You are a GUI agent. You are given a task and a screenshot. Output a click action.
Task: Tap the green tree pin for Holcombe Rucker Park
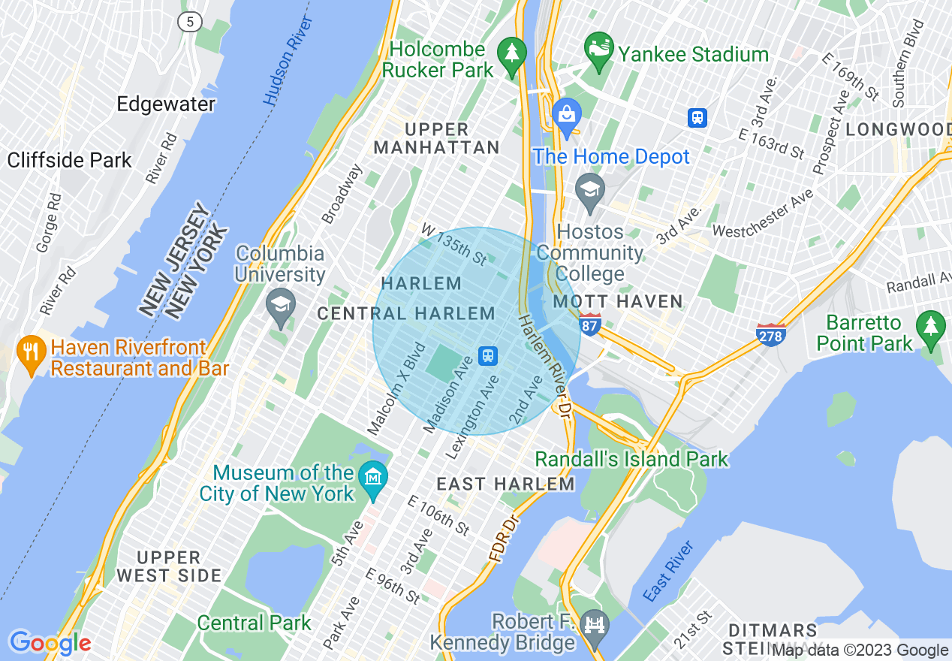pos(513,56)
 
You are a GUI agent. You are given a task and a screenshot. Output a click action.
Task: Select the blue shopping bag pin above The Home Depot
pos(567,116)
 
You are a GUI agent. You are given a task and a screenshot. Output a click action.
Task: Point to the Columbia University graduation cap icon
pos(281,307)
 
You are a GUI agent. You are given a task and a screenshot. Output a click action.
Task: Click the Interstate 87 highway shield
pos(590,325)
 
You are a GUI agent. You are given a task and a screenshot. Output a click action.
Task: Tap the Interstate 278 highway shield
pos(770,334)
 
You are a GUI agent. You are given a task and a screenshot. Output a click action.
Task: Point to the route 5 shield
pos(190,22)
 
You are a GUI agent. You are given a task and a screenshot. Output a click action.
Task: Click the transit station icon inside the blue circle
pos(489,355)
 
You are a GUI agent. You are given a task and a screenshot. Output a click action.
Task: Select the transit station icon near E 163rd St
pos(698,117)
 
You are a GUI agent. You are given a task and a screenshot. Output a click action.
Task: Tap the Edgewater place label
pos(166,104)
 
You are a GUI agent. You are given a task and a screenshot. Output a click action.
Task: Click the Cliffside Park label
pos(69,160)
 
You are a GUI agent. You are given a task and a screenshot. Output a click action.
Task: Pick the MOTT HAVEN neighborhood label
pos(618,302)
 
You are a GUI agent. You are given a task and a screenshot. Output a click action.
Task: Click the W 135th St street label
pos(453,243)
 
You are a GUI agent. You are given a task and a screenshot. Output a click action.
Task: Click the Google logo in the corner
pos(50,643)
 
